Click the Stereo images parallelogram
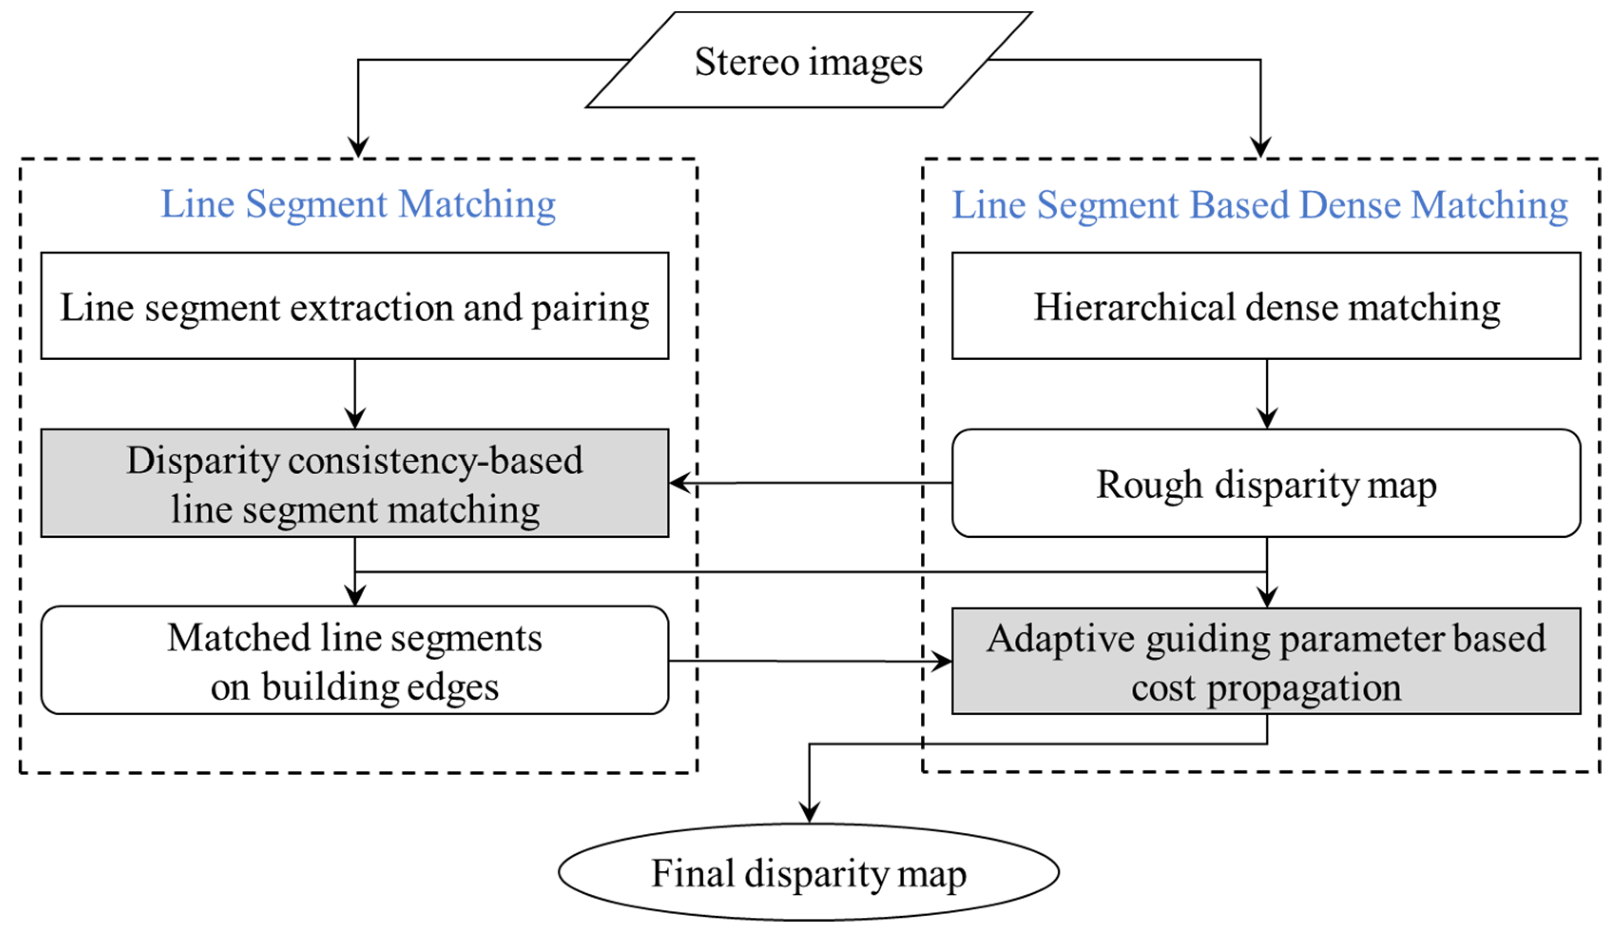(x=809, y=60)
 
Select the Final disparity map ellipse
(x=809, y=872)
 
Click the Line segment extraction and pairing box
(x=355, y=306)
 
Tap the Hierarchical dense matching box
(x=1266, y=306)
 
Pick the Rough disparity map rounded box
(x=1266, y=483)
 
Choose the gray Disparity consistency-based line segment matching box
(x=355, y=483)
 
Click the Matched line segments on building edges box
(x=355, y=661)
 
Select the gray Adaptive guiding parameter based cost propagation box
(x=1266, y=661)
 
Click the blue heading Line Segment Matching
(x=357, y=205)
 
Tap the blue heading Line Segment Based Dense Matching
(x=1259, y=205)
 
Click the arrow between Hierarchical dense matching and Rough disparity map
(x=1267, y=393)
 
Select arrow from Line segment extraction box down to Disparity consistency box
(x=355, y=393)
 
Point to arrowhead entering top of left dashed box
(x=357, y=146)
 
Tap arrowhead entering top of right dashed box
(x=1261, y=146)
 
